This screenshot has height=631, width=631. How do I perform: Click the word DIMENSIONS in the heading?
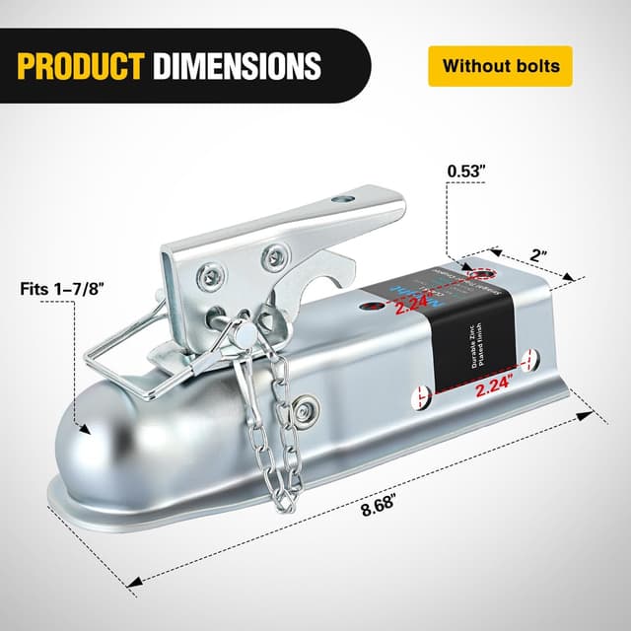pyautogui.click(x=238, y=65)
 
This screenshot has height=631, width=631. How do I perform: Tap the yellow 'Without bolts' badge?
pyautogui.click(x=501, y=66)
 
